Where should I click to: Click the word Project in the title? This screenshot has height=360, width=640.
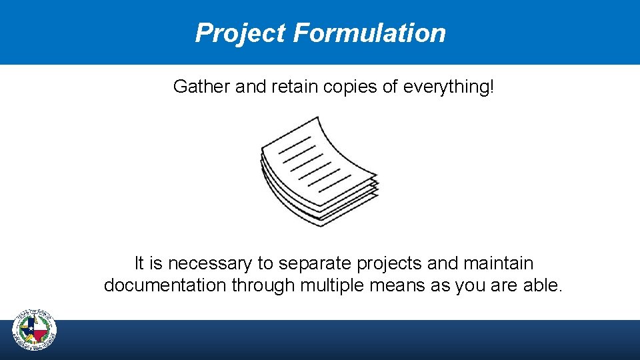[x=240, y=33]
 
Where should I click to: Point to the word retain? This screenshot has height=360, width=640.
[x=296, y=87]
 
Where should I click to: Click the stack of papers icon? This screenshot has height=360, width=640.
[x=319, y=171]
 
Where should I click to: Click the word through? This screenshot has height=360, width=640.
[x=267, y=286]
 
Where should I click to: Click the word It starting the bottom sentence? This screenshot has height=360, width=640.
[x=139, y=263]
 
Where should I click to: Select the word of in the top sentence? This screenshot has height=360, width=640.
[x=390, y=87]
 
